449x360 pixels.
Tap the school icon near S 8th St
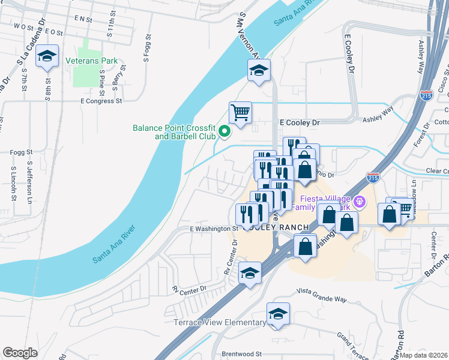(x=47, y=57)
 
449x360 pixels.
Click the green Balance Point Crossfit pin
(x=224, y=130)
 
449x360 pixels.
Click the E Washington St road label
(x=214, y=229)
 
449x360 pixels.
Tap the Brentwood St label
(x=243, y=355)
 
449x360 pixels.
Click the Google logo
(x=20, y=353)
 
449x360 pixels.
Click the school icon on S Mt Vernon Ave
(x=259, y=71)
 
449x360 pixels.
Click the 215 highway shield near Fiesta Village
(x=372, y=177)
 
